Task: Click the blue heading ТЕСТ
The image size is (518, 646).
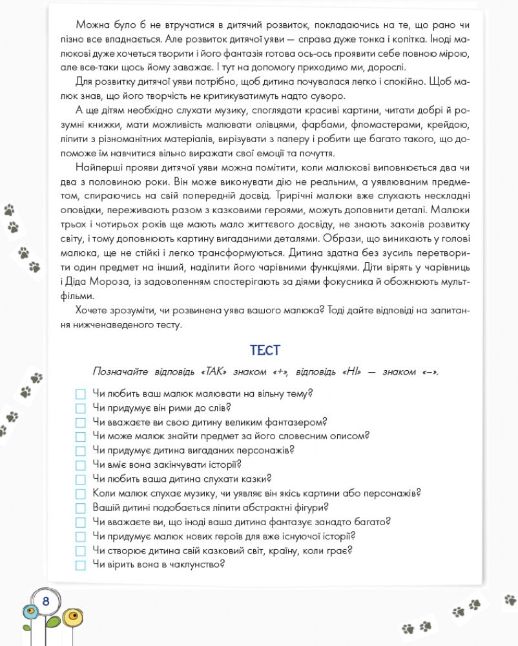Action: tap(265, 351)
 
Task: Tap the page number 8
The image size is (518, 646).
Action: tap(46, 601)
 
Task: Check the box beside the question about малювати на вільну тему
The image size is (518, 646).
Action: tap(80, 394)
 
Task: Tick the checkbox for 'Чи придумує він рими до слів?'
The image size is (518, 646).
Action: tap(80, 408)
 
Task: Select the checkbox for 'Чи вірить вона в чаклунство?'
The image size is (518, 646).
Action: tap(80, 565)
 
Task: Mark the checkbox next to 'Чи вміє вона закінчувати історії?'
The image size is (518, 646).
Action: tap(80, 465)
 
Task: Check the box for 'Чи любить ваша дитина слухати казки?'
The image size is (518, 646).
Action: tap(80, 479)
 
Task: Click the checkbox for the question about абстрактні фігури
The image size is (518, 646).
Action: tap(80, 508)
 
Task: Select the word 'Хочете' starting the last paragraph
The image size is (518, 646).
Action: tap(91, 311)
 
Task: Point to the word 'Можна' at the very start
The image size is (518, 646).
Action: tap(91, 24)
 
